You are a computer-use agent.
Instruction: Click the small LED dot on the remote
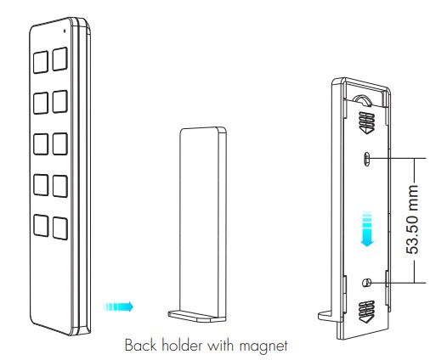coord(65,31)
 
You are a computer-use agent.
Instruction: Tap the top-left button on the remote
coord(41,62)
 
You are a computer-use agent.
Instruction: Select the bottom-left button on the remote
coord(41,225)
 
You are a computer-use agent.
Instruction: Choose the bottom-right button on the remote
coord(60,228)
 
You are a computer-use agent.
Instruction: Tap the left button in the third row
coord(41,144)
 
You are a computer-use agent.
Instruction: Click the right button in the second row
coord(60,102)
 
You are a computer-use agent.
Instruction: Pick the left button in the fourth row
coord(41,185)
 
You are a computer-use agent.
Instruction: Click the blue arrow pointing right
coord(118,307)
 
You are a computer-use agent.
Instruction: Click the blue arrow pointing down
coord(367,228)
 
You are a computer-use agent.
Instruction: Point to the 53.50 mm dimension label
coord(412,219)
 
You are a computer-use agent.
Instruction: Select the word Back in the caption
coord(140,345)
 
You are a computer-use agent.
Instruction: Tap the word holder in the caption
coord(183,345)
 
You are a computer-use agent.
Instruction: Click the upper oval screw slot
coord(367,159)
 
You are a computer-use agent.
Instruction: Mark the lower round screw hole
coord(366,283)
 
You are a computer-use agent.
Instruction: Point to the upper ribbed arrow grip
coord(366,123)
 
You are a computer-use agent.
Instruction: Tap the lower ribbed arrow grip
coord(366,312)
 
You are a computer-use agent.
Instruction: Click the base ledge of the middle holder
coord(196,316)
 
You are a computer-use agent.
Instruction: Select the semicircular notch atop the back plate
coord(362,100)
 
